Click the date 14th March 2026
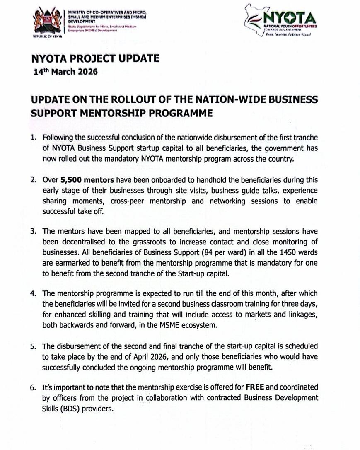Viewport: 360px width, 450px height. pyautogui.click(x=65, y=71)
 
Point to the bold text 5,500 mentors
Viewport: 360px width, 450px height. pyautogui.click(x=85, y=180)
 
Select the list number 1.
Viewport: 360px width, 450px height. pyautogui.click(x=34, y=138)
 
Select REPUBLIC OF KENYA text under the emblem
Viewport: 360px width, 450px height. pyautogui.click(x=46, y=37)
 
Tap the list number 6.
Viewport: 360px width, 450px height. pyautogui.click(x=34, y=387)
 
